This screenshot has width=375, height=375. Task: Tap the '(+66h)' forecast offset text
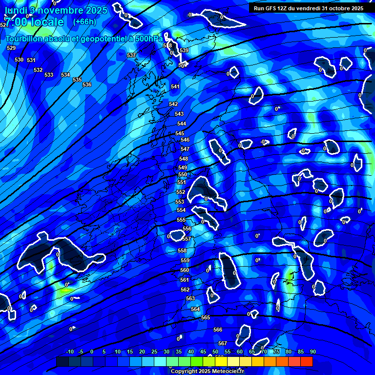(x=84, y=21)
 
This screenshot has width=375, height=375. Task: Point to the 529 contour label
(x=11, y=48)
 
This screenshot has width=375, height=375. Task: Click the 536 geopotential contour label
(x=87, y=84)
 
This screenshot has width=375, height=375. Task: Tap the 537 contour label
(x=131, y=55)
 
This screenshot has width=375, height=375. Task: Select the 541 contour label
(x=175, y=86)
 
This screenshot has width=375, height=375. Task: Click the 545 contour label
(x=180, y=133)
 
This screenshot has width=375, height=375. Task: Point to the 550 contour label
(x=183, y=174)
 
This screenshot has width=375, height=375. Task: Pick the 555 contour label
(x=181, y=220)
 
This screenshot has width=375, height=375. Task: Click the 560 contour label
(x=185, y=270)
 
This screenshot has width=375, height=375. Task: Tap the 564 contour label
(x=195, y=309)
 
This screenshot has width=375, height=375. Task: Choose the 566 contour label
(x=218, y=330)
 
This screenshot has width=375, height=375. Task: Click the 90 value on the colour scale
(x=312, y=352)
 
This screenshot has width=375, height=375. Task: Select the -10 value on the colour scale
(x=70, y=352)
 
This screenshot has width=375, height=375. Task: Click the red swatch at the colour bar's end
(x=307, y=361)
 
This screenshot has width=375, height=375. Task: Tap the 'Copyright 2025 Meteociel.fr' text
(x=207, y=371)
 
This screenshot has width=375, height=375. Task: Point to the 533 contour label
(x=49, y=75)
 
